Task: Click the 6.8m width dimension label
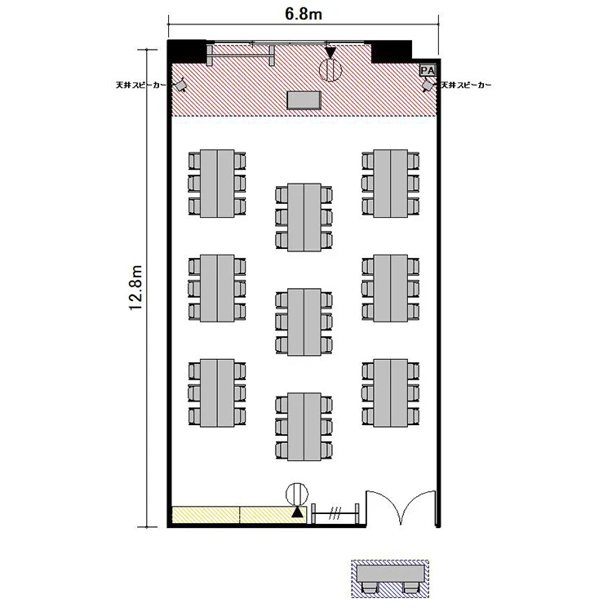pos(304,14)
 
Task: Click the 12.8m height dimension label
pos(135,288)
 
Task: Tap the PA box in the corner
pos(428,71)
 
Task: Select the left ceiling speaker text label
pos(141,85)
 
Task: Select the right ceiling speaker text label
pos(466,85)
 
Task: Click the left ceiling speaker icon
pos(180,85)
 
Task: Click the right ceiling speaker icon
pos(428,85)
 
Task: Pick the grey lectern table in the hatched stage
pos(304,100)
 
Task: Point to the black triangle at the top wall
pos(330,53)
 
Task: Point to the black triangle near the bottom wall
pos(297,512)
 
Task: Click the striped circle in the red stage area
pos(330,70)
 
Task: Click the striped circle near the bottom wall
pos(297,494)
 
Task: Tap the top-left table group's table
pos(217,183)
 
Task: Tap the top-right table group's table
pos(391,183)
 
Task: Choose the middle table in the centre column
pos(304,322)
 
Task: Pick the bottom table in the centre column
pos(304,427)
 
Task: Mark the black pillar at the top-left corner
pos(187,51)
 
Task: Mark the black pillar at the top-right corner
pos(392,51)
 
